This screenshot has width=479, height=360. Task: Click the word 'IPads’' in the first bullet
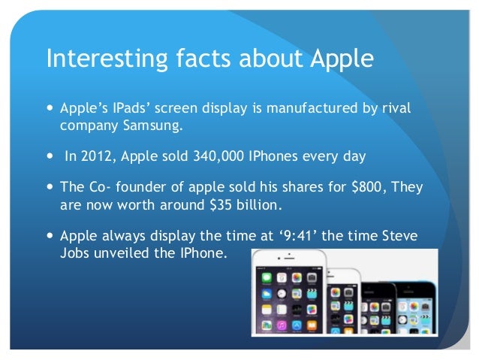point(125,110)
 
